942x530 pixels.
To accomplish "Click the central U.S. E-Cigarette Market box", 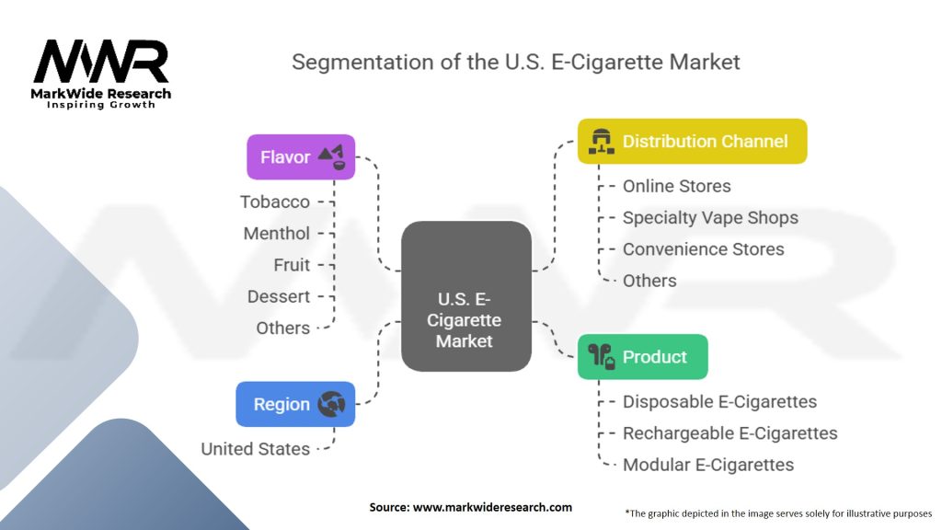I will [466, 296].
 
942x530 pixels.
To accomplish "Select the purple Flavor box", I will [301, 157].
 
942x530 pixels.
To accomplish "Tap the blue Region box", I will [295, 404].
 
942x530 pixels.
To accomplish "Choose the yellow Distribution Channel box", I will [692, 142].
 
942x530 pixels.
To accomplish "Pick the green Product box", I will [642, 357].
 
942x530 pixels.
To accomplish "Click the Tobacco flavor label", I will [275, 202].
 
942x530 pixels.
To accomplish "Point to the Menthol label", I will [277, 234].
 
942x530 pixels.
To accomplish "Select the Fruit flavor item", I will [292, 265].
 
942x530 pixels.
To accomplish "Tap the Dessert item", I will [279, 296].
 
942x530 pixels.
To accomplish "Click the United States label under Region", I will [256, 449].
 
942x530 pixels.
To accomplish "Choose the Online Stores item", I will [677, 186].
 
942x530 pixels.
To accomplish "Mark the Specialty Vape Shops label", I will [710, 218].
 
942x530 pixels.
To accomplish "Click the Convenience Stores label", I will [704, 249].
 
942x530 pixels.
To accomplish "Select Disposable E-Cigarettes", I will [719, 402].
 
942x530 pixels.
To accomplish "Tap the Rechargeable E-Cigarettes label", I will [730, 433].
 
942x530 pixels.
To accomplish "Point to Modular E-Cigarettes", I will [708, 465].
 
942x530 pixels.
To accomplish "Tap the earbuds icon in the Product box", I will [602, 357].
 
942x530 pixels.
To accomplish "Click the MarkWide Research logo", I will [101, 74].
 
